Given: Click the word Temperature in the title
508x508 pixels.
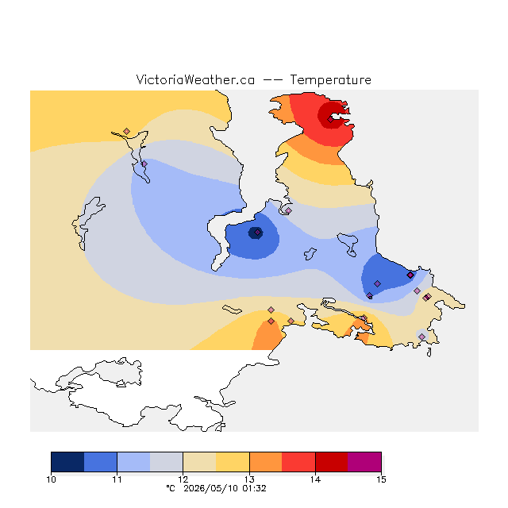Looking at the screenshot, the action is (330, 80).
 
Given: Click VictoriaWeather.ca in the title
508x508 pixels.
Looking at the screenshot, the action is (195, 80).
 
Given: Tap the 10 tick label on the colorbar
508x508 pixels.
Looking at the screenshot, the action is (51, 479).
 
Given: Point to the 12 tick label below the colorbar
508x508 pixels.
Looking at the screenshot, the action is (183, 479).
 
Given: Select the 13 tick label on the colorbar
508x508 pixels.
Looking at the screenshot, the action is (249, 479).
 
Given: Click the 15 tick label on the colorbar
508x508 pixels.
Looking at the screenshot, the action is (381, 479).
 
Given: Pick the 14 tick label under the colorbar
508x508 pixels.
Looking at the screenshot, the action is (315, 479).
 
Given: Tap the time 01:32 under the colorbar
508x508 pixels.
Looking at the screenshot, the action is (254, 489).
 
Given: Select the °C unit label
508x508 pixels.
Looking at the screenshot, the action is (171, 488).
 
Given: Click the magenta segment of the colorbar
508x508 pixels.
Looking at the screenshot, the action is (364, 462).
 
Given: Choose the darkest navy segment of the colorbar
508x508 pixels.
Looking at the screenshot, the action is (67, 462).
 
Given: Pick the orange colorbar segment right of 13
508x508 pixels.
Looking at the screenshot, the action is (266, 462).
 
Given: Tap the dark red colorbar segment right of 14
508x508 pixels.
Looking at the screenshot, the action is (332, 462).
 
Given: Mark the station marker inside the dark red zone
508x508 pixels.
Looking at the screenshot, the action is (330, 120).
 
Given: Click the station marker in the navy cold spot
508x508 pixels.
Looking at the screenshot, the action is (257, 233).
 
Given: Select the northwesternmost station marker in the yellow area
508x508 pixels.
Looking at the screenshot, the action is (127, 131).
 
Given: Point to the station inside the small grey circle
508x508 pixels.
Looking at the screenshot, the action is (421, 337).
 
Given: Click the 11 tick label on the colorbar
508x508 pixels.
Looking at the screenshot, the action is (117, 479).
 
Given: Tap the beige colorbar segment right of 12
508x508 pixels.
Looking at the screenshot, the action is (199, 462).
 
